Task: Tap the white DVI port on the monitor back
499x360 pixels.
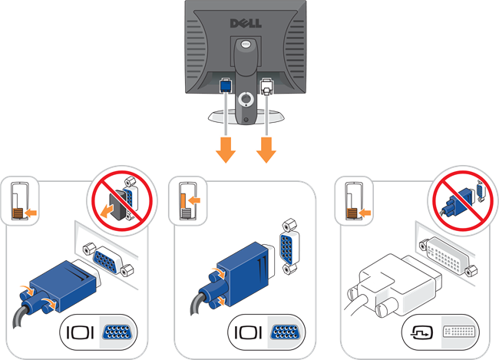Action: click(x=266, y=87)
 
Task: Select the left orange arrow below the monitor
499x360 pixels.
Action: click(x=225, y=150)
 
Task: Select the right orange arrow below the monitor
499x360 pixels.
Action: click(x=266, y=150)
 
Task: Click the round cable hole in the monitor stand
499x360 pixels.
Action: click(x=245, y=99)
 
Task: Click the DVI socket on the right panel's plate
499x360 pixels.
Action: click(x=450, y=256)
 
